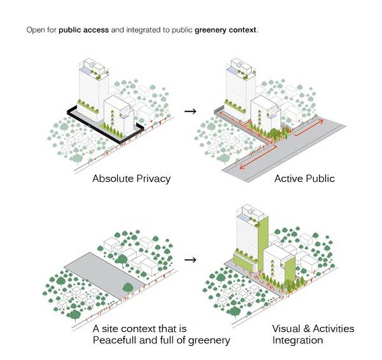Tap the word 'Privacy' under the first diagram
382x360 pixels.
pyautogui.click(x=153, y=179)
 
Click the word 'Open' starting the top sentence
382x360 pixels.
pyautogui.click(x=35, y=30)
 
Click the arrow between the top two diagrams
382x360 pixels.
pyautogui.click(x=189, y=111)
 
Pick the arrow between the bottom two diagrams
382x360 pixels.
pyautogui.click(x=189, y=260)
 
